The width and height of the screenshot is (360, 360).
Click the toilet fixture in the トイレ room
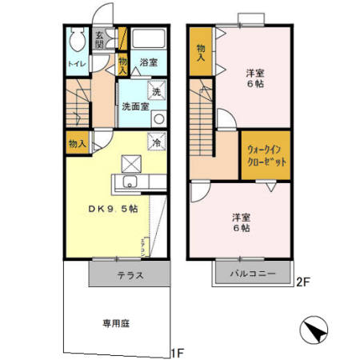(78, 39)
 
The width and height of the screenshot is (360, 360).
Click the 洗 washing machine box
(157, 91)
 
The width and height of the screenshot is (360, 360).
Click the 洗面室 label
(134, 106)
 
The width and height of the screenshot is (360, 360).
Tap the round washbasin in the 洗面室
(158, 118)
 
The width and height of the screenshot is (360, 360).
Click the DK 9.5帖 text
(112, 210)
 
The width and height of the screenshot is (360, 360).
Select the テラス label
(130, 276)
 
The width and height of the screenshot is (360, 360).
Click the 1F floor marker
(179, 352)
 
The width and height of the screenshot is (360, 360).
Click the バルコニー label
(254, 274)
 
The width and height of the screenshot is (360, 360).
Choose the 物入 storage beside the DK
(78, 144)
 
